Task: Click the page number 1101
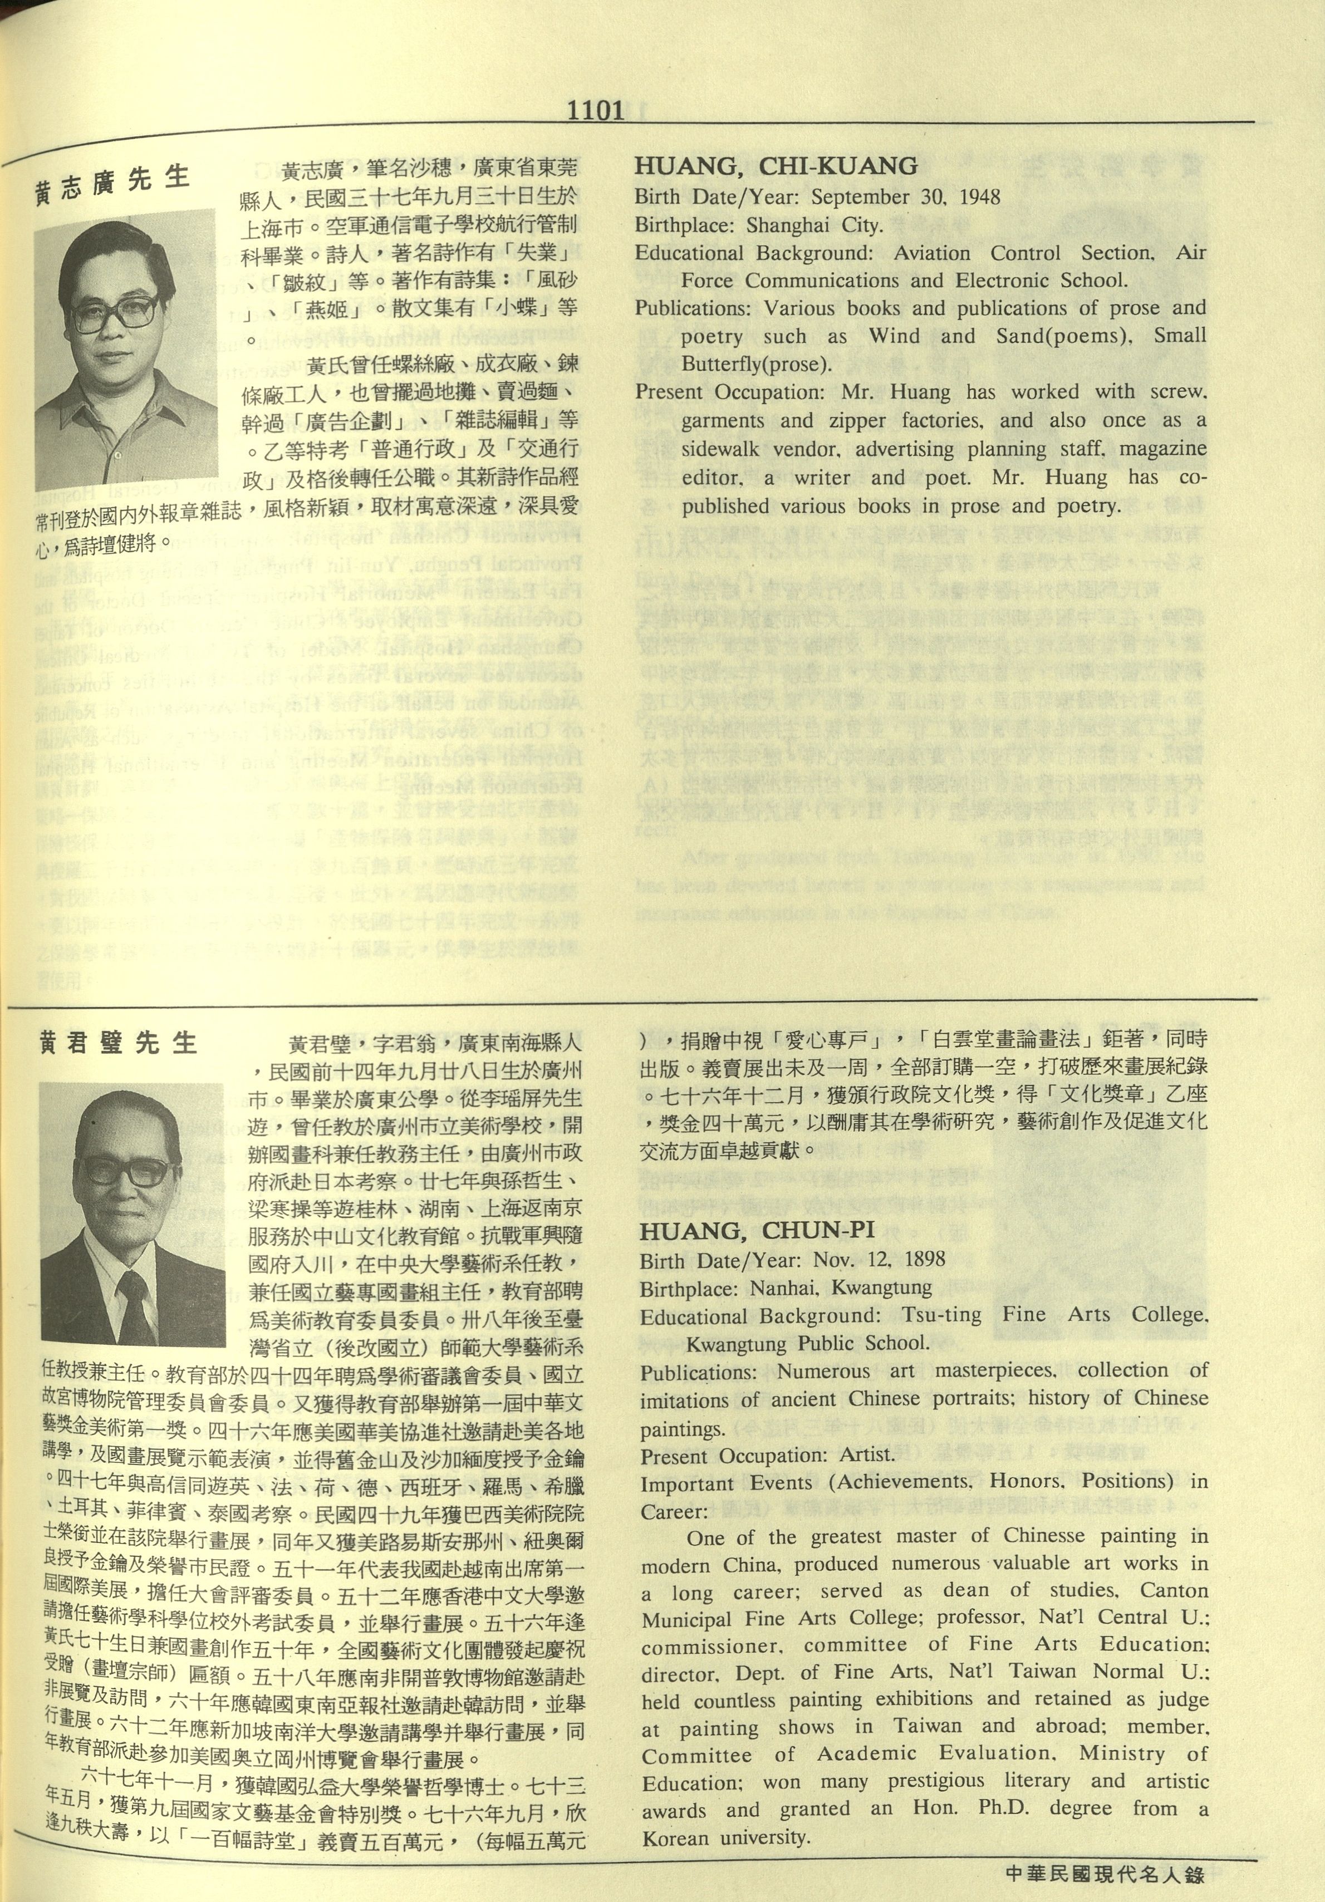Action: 596,110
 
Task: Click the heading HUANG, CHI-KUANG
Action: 777,166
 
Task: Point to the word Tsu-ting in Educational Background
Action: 942,1315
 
